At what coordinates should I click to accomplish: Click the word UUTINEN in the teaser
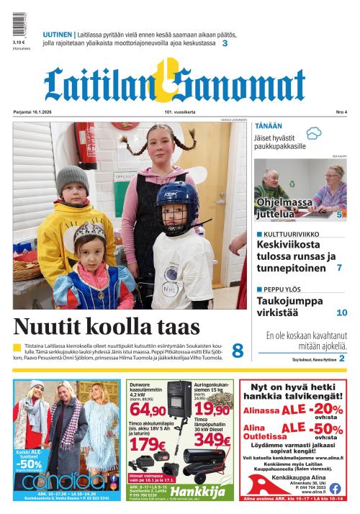pos(57,34)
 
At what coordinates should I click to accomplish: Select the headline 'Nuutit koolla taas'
pos(107,326)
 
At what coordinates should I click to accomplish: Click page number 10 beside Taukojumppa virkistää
pos(342,312)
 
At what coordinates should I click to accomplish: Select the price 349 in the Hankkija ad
pos(212,438)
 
